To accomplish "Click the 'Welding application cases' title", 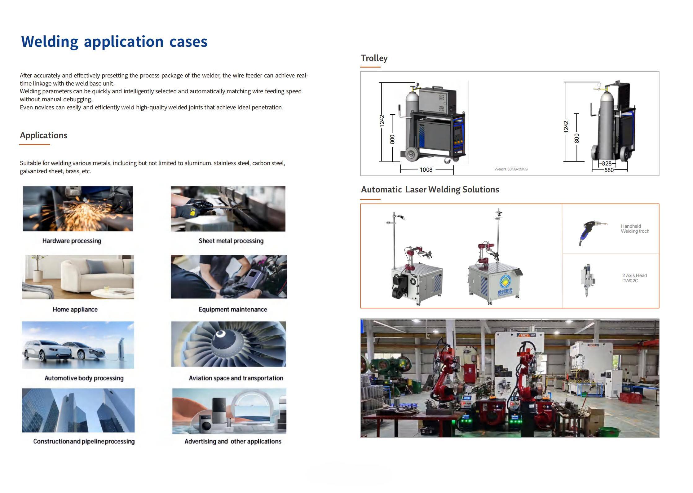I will coord(114,42).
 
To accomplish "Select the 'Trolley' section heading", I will coord(374,58).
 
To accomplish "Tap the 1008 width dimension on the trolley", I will coord(426,170).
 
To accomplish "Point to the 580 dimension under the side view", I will coord(609,170).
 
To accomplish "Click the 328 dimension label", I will coord(607,164).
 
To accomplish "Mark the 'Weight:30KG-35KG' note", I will coord(511,169).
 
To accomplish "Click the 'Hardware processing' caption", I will coord(72,241).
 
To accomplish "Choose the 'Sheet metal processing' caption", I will coord(231,241).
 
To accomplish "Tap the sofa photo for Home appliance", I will coord(78,277).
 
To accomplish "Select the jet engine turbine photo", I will coord(228,344).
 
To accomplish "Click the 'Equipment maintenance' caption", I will coord(233,309).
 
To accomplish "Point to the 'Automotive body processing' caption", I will coord(84,378).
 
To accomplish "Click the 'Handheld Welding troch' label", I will coord(635,229).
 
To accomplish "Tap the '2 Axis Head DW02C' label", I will coord(634,278).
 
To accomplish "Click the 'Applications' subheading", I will coord(44,135).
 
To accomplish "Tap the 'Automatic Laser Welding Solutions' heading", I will coord(430,190).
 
